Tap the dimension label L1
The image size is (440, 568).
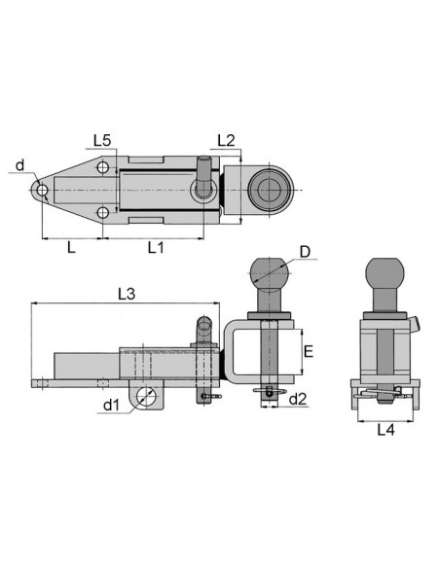tap(157, 248)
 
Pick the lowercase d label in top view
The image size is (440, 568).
tap(21, 166)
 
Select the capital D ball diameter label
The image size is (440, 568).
tap(306, 253)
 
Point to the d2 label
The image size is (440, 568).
tap(300, 399)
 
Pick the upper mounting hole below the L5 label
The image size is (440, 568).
tap(103, 168)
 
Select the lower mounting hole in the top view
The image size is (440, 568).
tap(103, 212)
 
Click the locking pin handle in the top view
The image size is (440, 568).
tap(202, 175)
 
